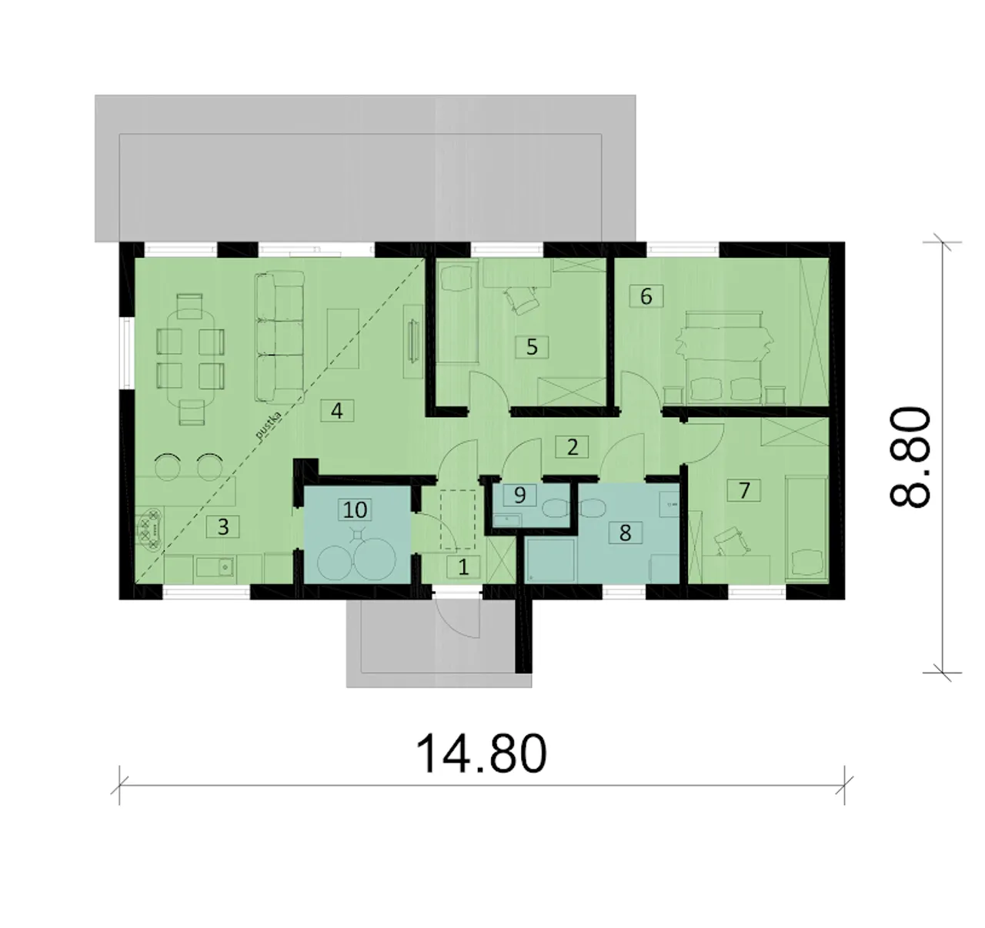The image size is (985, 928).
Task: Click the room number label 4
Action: [337, 411]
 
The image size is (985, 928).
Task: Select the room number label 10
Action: [355, 509]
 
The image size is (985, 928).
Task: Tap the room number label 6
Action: [646, 296]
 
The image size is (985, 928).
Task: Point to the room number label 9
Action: [519, 495]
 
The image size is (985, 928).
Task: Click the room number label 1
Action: [463, 567]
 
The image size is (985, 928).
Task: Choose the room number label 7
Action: [744, 490]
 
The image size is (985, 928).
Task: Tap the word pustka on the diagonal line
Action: [269, 426]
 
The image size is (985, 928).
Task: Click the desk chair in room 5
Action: [521, 300]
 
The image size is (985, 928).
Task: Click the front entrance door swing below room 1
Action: [457, 618]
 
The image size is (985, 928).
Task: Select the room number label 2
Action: [573, 447]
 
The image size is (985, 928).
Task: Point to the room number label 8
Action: [625, 532]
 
